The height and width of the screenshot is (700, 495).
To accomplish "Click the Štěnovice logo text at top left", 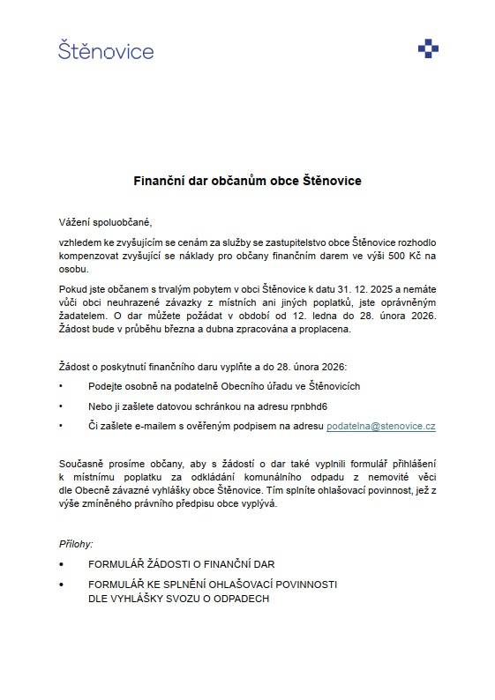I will point(106,50).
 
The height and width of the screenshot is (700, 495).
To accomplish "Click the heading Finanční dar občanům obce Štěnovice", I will point(247,181).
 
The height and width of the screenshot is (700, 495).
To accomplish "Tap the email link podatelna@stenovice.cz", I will point(380,425).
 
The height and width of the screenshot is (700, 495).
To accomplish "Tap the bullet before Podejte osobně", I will point(61,386).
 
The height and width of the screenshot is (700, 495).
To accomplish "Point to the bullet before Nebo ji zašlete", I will point(61,406).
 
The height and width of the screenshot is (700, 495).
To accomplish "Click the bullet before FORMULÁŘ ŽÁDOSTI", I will point(61,562).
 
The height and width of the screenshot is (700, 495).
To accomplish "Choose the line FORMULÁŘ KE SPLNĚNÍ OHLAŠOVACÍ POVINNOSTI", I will point(213,585).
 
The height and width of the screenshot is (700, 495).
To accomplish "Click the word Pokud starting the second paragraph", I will point(73,288).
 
